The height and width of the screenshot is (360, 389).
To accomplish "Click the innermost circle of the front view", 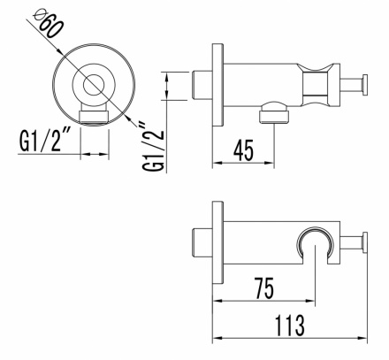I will (94, 86).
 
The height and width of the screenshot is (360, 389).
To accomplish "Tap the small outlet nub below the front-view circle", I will (94, 116).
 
